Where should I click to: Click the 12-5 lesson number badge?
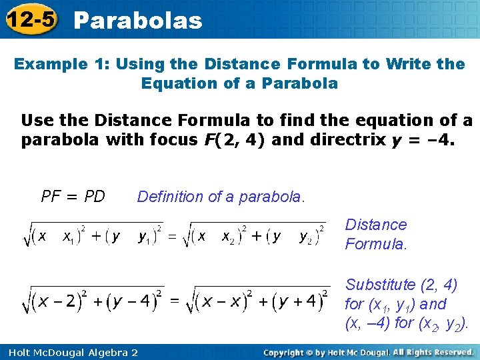[x=31, y=20]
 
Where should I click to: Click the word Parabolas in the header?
[x=138, y=21]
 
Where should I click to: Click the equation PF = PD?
[x=73, y=197]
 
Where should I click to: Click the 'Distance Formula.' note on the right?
[x=376, y=234]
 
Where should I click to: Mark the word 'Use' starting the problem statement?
[x=35, y=121]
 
